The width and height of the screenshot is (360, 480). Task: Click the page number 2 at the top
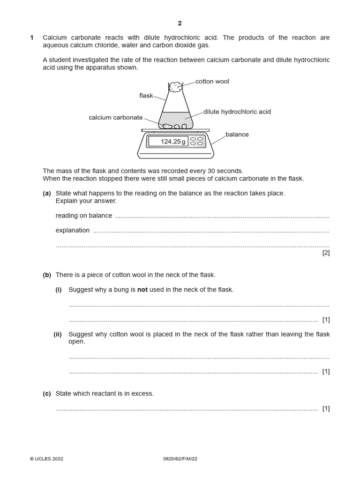(180, 23)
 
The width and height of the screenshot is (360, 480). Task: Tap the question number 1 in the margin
(32, 37)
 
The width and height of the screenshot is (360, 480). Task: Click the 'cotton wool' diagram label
(212, 82)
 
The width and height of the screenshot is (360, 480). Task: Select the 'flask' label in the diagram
(146, 96)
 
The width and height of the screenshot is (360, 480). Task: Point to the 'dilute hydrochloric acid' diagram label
(237, 112)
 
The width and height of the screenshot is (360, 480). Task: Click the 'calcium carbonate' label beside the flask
(115, 118)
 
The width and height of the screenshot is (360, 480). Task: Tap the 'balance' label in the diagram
(237, 135)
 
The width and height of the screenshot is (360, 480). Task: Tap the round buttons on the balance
(197, 141)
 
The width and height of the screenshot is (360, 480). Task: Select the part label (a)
(47, 193)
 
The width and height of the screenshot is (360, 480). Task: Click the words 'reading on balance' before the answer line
(84, 216)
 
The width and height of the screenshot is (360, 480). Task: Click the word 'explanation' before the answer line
(73, 230)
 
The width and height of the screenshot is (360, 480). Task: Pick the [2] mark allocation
(326, 253)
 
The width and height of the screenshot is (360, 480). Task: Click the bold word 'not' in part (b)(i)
(142, 290)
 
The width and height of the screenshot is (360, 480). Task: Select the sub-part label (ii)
(58, 334)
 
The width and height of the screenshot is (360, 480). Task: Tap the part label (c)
(47, 394)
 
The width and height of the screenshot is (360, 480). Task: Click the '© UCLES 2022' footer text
(46, 459)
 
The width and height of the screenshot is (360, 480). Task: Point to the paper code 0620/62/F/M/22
(180, 459)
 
